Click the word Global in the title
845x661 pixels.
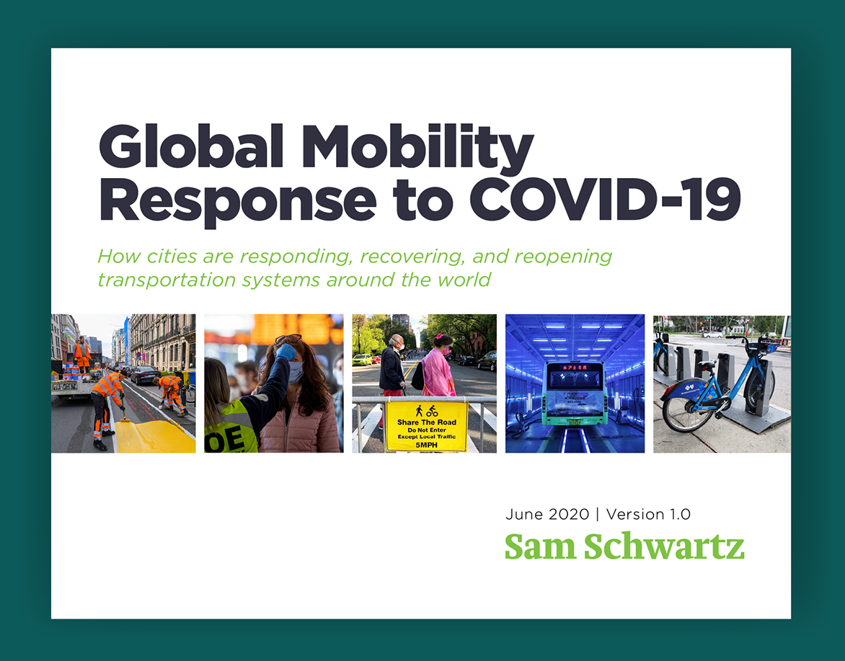191,147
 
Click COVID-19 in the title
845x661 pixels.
605,199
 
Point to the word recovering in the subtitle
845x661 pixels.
412,257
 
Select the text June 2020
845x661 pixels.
547,515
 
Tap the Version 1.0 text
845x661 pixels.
648,515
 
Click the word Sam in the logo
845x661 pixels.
541,547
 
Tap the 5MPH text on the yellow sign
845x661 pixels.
426,445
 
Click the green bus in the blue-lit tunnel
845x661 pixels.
575,394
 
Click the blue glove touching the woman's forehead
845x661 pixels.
286,352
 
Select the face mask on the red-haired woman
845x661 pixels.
296,372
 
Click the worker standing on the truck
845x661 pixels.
82,354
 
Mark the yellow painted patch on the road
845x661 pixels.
154,436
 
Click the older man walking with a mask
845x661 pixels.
392,365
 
